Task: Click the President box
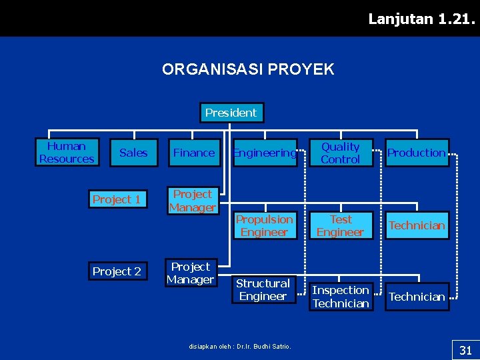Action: point(231,113)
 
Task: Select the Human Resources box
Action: point(67,153)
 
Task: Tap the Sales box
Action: point(133,153)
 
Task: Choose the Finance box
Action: point(193,153)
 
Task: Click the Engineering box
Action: point(264,153)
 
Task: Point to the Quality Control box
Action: point(340,153)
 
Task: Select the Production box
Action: point(417,153)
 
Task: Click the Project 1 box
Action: point(117,199)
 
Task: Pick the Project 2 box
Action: point(117,271)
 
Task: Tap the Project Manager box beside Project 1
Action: point(192,201)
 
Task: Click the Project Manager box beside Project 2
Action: point(190,273)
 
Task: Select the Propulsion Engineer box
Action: point(264,225)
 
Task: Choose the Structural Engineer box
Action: point(263,290)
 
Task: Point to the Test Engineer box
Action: point(340,225)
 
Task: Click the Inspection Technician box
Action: point(341,297)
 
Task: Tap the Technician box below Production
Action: point(417,225)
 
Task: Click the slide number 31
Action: point(465,350)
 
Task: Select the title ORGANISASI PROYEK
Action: point(248,69)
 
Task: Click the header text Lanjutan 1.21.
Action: point(422,19)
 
